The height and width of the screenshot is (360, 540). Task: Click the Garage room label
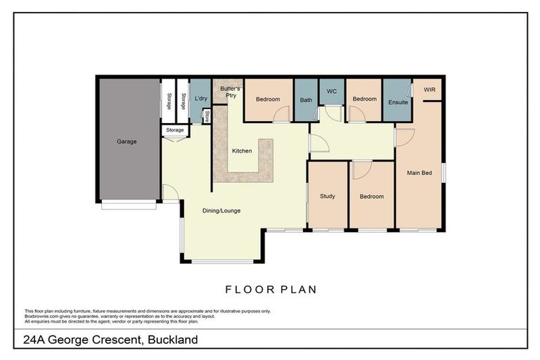click(127, 141)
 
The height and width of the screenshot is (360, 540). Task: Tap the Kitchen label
click(242, 151)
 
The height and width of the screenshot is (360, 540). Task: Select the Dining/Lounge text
click(221, 210)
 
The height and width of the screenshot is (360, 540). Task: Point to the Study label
click(327, 196)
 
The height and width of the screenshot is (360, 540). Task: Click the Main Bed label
click(419, 172)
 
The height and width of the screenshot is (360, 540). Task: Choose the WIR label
click(430, 90)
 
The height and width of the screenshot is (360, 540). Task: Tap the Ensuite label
click(398, 102)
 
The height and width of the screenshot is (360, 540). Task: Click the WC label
click(332, 91)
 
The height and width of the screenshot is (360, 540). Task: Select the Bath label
click(306, 100)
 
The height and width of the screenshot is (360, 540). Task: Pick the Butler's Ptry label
click(229, 91)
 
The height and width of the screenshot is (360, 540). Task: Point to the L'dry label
click(200, 99)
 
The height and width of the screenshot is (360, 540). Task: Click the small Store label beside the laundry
click(207, 115)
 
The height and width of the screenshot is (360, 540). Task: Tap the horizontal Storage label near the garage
click(175, 130)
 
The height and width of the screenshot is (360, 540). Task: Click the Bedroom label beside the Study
click(371, 196)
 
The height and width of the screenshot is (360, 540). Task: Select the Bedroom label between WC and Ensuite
click(364, 99)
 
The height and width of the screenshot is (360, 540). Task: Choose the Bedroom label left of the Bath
click(267, 99)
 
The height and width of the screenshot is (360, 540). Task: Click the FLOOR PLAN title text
click(270, 288)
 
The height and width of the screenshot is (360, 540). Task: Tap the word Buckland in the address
click(173, 340)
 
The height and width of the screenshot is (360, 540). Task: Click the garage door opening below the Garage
click(129, 205)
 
